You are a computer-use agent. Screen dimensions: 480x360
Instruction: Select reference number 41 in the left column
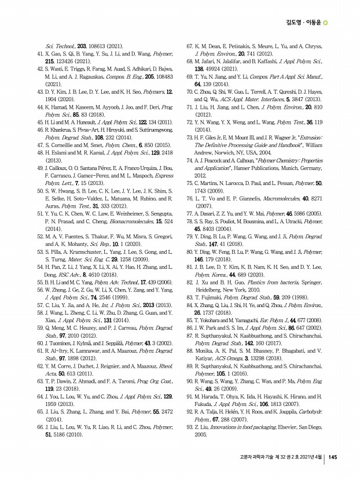tap(39, 53)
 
